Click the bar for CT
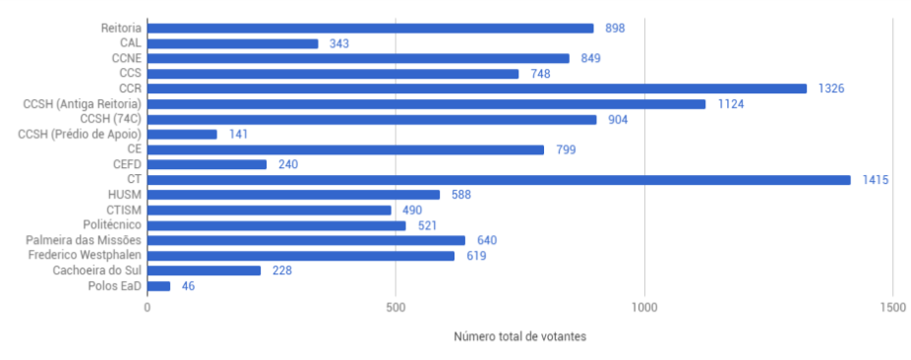click(499, 180)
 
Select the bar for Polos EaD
click(158, 286)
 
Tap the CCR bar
click(476, 89)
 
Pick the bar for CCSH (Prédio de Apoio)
click(182, 134)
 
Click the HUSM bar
click(293, 195)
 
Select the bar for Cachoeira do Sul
click(204, 270)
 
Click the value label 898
click(615, 29)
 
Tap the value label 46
click(188, 286)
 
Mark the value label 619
click(476, 256)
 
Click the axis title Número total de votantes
click(519, 336)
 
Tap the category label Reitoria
click(120, 29)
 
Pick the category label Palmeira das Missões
click(84, 241)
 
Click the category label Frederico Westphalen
click(84, 256)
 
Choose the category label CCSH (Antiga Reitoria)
click(82, 104)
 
